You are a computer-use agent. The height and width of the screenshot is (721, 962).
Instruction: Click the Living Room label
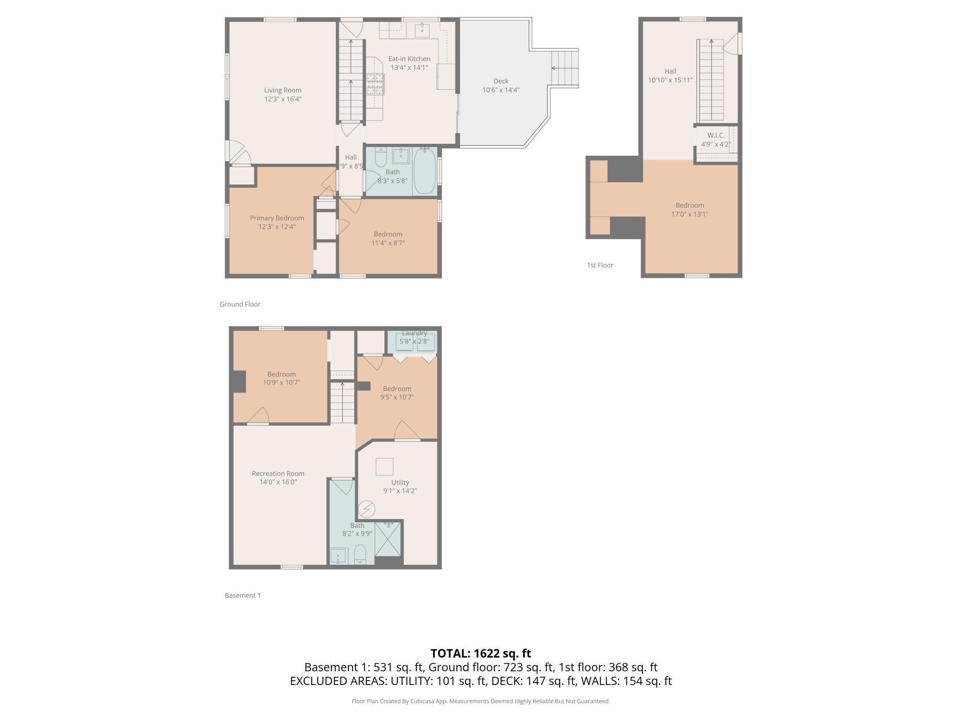click(283, 90)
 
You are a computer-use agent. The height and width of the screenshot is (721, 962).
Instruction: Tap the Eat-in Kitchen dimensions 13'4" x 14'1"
click(409, 67)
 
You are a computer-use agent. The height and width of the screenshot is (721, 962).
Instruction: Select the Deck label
click(501, 81)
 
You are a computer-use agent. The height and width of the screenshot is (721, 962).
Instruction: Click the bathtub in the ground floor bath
click(425, 171)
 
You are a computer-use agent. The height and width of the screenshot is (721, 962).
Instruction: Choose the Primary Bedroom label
click(277, 218)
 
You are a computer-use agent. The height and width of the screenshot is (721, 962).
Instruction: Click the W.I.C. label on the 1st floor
click(716, 135)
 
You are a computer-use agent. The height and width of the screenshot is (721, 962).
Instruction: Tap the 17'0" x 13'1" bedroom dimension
click(690, 214)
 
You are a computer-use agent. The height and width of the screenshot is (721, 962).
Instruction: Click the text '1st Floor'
click(600, 265)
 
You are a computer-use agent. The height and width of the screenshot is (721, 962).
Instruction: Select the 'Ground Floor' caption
click(240, 304)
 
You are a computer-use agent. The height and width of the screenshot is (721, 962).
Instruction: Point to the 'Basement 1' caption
click(243, 595)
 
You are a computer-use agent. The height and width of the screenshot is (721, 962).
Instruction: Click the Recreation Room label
click(278, 473)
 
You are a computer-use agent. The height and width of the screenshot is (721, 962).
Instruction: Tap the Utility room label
click(400, 483)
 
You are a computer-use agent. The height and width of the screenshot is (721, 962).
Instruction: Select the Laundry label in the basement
click(414, 333)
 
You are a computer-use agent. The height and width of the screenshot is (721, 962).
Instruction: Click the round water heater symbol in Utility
click(367, 509)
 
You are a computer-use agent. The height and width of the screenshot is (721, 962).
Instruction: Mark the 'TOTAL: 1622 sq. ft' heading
click(481, 654)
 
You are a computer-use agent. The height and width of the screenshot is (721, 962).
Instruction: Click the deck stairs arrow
click(565, 68)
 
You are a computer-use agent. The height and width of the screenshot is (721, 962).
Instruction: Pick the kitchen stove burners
click(376, 85)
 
